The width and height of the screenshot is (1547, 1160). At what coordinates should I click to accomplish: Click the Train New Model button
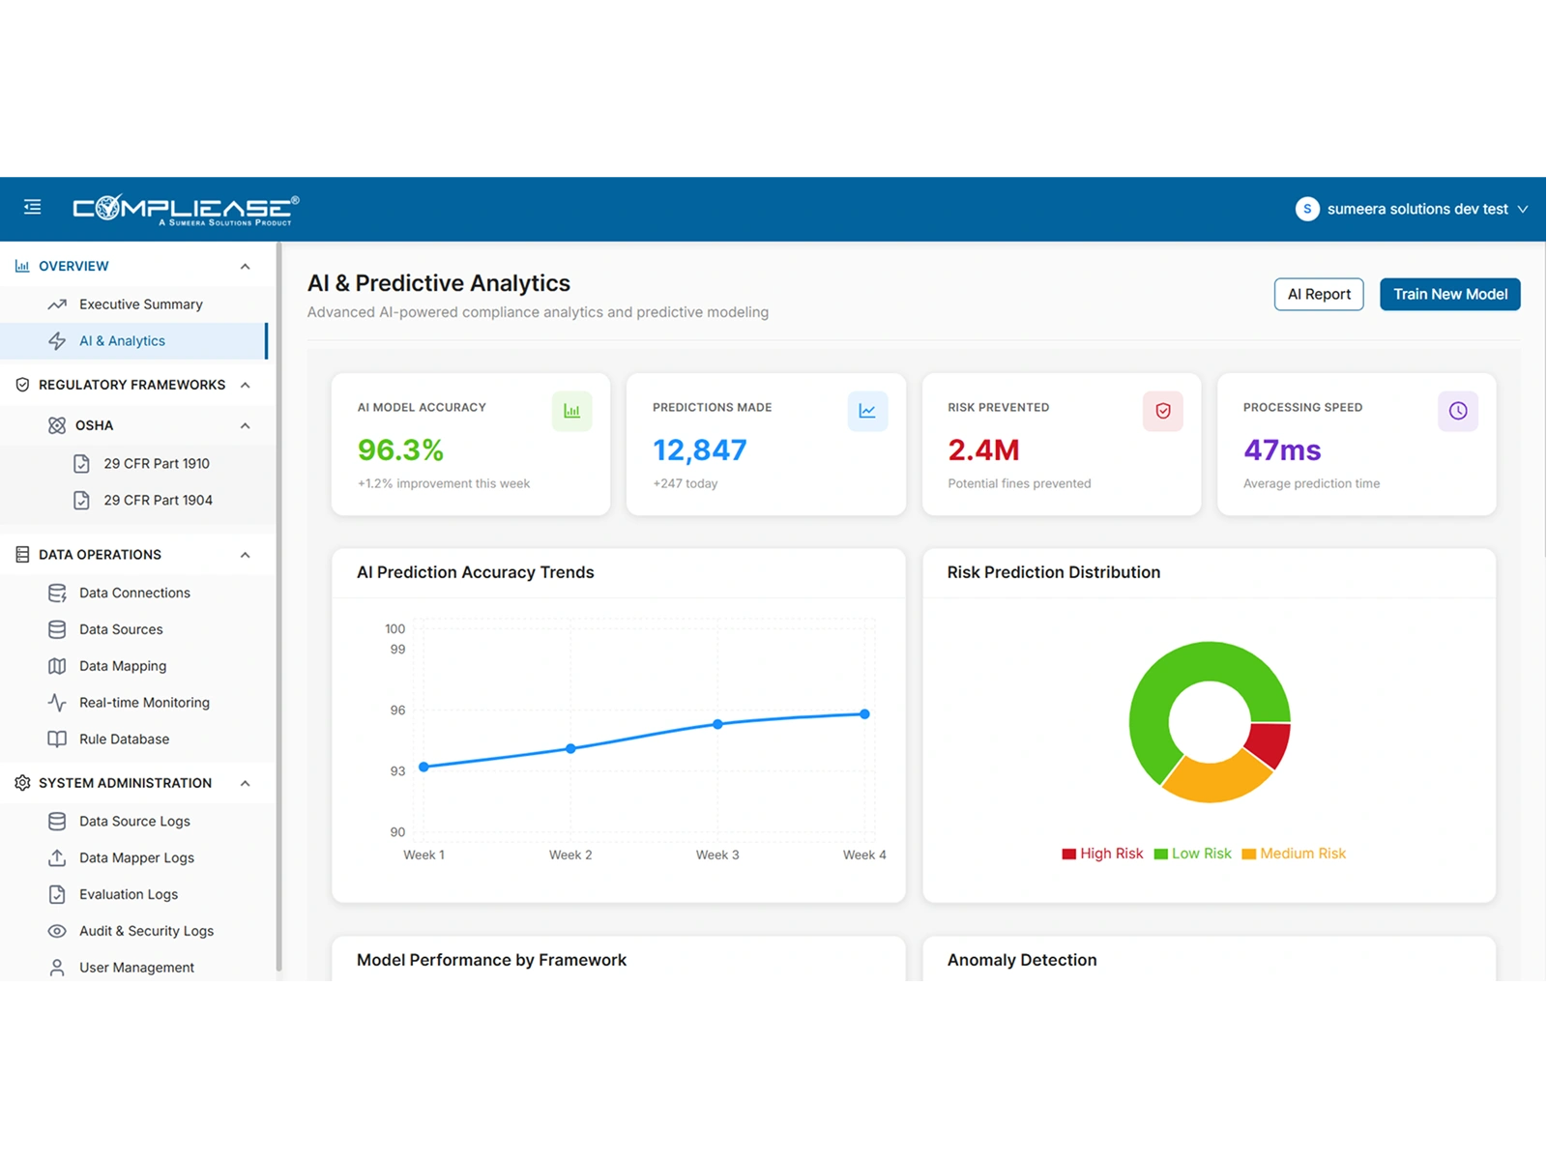pos(1449,294)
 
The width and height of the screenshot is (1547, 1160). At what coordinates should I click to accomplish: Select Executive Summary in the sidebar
pos(140,304)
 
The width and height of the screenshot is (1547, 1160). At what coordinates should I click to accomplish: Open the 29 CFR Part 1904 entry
pos(158,500)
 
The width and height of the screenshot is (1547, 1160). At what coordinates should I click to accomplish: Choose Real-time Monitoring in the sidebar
pos(144,703)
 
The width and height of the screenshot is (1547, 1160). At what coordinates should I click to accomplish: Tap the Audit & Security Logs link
pos(146,931)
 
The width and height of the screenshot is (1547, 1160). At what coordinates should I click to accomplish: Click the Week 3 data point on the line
pos(717,724)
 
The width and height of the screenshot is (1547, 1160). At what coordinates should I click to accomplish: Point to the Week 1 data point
pos(423,767)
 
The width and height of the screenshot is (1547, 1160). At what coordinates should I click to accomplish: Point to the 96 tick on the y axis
pos(397,710)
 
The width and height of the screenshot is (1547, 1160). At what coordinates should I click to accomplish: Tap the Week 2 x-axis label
pos(570,855)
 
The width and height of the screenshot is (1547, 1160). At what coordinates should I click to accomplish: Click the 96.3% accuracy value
pos(400,450)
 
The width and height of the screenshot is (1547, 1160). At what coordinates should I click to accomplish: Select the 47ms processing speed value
pos(1282,450)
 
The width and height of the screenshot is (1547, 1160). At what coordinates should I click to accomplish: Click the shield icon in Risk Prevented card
pos(1162,411)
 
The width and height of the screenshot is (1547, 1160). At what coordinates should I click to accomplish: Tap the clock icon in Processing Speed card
pos(1457,411)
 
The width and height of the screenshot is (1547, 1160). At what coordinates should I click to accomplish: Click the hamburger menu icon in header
pos(33,207)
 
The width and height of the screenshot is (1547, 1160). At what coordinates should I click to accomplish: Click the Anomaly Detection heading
pos(1021,960)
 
